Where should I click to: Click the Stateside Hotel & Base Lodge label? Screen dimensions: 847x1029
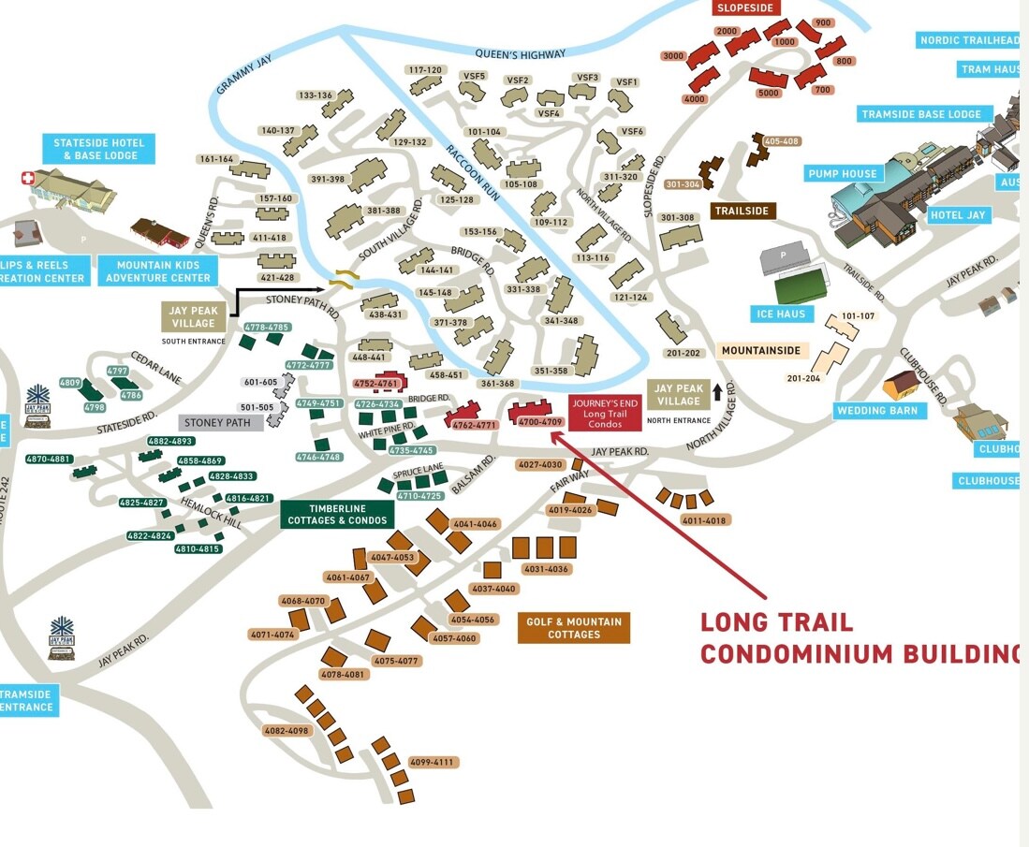tap(98, 149)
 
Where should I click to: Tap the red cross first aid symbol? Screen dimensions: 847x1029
tap(27, 178)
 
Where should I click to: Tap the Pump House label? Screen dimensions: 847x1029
tap(844, 173)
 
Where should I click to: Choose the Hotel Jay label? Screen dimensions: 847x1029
tap(958, 215)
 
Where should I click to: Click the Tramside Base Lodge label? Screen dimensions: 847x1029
tap(921, 114)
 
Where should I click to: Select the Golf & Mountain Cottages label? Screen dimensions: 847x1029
tap(574, 628)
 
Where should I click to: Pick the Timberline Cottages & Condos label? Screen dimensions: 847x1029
tap(337, 515)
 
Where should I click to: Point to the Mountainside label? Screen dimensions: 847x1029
tap(762, 351)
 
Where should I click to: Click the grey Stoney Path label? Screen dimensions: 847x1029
tap(218, 422)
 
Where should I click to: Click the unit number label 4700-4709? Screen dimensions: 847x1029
tap(540, 422)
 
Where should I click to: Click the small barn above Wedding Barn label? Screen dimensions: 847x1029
tap(902, 382)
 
